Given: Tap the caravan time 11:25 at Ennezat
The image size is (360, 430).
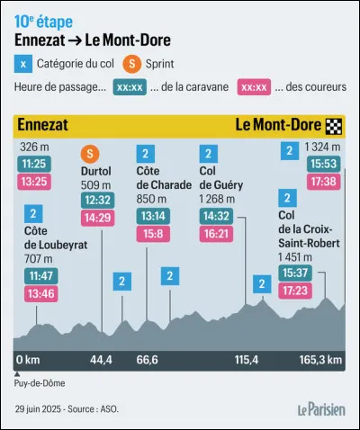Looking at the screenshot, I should point(33,166).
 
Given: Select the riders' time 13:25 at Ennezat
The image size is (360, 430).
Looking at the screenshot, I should point(33,183).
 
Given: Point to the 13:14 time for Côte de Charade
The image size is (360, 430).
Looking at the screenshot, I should point(151,216).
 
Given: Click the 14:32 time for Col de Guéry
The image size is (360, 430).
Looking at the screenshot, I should point(214,216).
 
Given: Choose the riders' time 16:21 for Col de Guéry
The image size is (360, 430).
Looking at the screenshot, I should point(214,233).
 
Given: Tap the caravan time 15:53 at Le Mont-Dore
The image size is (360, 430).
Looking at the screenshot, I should point(322,165).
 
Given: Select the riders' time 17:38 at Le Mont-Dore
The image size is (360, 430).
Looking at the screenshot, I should point(322,182).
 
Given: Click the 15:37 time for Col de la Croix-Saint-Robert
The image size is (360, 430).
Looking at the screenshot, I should point(294,273).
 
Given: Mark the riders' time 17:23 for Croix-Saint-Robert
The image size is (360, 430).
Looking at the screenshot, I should point(294,290).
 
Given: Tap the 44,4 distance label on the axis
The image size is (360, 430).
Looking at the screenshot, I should point(100,360).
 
